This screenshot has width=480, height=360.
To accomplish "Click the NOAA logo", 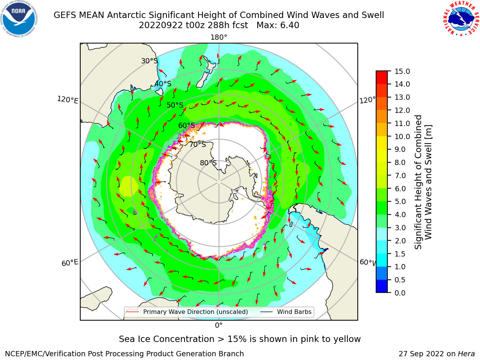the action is pyautogui.click(x=19, y=19).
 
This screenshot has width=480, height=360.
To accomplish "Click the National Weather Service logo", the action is pyautogui.click(x=461, y=19).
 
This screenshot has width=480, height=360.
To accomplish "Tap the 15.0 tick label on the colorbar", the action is pyautogui.click(x=402, y=71).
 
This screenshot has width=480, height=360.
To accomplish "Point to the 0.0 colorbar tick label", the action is pyautogui.click(x=400, y=293).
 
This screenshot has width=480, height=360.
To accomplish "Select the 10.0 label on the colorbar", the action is pyautogui.click(x=402, y=136).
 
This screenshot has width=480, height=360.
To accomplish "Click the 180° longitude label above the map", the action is pyautogui.click(x=219, y=37).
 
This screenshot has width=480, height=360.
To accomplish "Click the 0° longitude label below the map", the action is pyautogui.click(x=219, y=325).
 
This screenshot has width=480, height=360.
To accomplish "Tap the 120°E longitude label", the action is pyautogui.click(x=67, y=100).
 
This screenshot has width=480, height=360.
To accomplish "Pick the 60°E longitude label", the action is pyautogui.click(x=70, y=263).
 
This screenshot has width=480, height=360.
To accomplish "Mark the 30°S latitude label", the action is pyautogui.click(x=149, y=61).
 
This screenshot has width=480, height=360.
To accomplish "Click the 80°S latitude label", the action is pyautogui.click(x=208, y=163).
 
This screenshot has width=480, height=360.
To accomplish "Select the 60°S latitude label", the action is pyautogui.click(x=186, y=125).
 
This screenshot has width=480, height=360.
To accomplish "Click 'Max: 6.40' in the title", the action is pyautogui.click(x=278, y=25).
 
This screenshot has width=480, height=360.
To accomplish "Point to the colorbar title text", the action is pyautogui.click(x=423, y=182).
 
